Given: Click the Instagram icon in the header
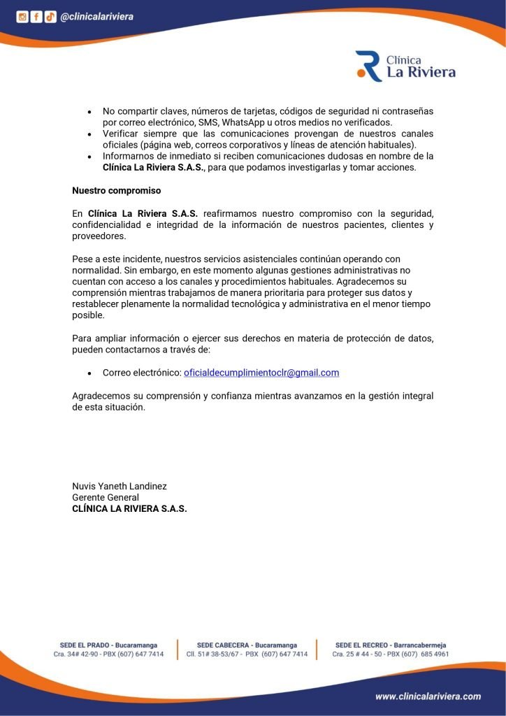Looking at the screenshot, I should (x=22, y=17).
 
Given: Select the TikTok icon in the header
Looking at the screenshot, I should (x=50, y=17).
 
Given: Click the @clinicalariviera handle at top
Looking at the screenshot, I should (x=96, y=17).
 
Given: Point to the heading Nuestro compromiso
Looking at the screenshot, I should (x=117, y=190).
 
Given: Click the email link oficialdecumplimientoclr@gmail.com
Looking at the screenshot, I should (x=261, y=373).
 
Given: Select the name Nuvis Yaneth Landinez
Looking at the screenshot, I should (x=120, y=486).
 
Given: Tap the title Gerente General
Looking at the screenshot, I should (x=106, y=497).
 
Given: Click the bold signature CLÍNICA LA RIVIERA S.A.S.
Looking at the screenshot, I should (x=130, y=508).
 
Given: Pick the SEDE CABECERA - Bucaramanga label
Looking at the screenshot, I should (x=247, y=645).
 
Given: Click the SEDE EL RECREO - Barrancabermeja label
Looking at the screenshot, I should (x=391, y=645).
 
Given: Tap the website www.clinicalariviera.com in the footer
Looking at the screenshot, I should (x=428, y=696).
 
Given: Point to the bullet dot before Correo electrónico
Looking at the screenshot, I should (x=89, y=373).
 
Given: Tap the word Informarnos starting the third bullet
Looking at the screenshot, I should (x=130, y=156).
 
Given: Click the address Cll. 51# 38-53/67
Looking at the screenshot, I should (x=214, y=654).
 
